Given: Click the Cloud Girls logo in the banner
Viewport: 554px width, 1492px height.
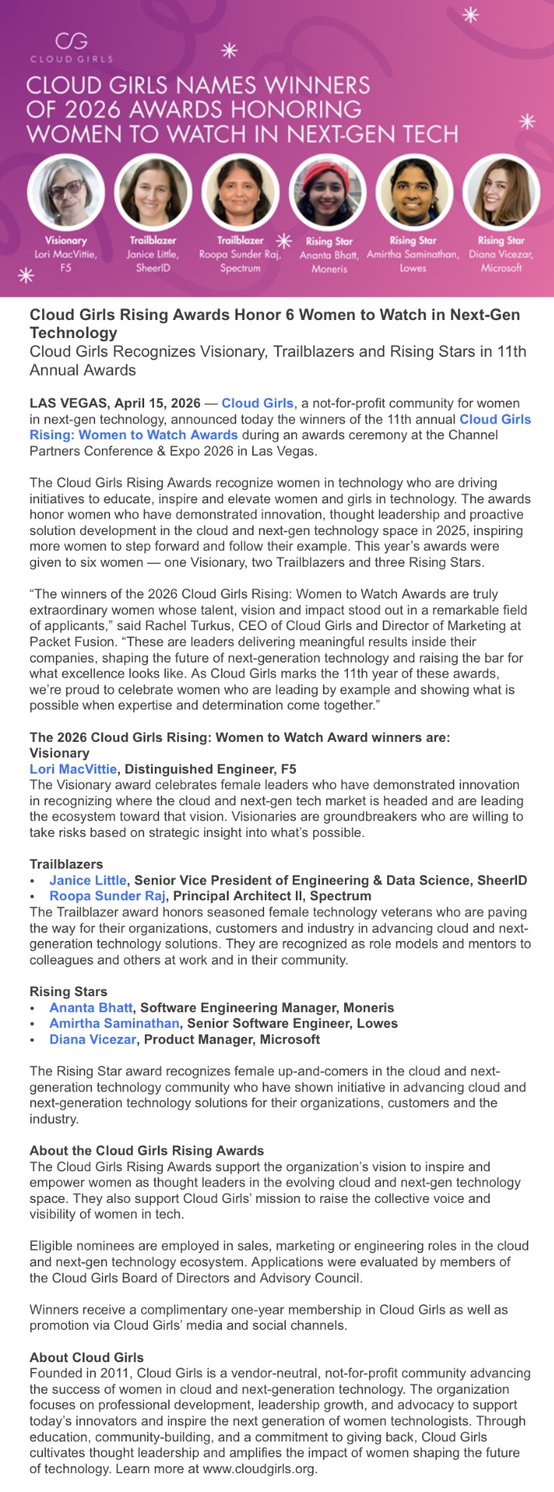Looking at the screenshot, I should (72, 46).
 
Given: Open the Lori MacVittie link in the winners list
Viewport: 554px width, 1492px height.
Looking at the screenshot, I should (73, 769).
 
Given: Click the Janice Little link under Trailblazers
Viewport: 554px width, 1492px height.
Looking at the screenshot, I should (88, 880).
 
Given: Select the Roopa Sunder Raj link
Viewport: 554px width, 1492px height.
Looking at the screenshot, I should (107, 896).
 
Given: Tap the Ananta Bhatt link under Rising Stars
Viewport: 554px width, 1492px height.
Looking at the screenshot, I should (91, 1007).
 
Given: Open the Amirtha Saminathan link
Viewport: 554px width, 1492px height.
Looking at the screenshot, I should (114, 1023).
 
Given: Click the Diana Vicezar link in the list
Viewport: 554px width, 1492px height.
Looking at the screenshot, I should (93, 1039).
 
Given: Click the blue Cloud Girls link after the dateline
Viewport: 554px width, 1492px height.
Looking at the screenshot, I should (257, 403).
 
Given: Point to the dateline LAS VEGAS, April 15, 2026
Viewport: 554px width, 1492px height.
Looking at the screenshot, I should (115, 403).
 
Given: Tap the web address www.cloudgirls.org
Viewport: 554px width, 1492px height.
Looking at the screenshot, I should (260, 1469).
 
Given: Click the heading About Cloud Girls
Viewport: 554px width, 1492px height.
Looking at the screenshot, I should (86, 1357).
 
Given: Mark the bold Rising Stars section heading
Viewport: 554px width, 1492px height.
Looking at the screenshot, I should (68, 992).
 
